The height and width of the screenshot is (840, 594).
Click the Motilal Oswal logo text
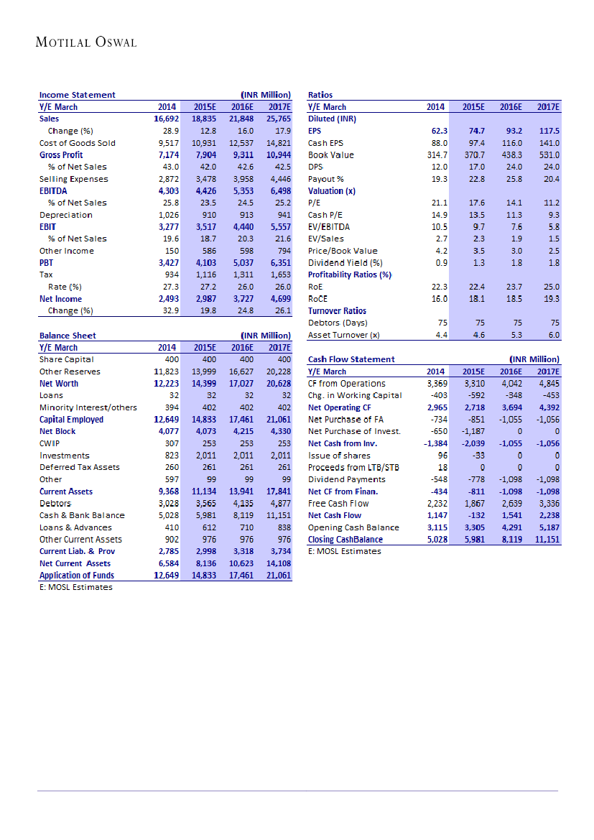(x=86, y=42)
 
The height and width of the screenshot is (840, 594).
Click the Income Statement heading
(x=77, y=95)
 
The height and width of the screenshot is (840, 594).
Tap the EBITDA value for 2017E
(x=277, y=191)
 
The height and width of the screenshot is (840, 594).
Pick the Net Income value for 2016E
(x=242, y=299)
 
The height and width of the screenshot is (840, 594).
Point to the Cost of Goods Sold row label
(x=78, y=143)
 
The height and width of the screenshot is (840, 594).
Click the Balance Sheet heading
(x=68, y=336)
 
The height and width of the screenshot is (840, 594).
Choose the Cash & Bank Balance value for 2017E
(x=277, y=515)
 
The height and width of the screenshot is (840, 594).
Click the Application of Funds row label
(x=76, y=575)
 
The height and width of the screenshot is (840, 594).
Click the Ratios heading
(x=320, y=95)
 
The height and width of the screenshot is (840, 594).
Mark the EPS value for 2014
(x=439, y=131)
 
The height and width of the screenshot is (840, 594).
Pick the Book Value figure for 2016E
(x=511, y=155)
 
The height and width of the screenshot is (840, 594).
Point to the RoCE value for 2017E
(x=549, y=299)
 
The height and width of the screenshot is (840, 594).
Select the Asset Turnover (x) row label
(x=344, y=335)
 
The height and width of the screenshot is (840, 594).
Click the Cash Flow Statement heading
(x=351, y=359)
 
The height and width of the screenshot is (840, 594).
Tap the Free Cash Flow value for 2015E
(x=473, y=503)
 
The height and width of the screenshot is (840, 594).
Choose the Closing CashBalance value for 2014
(x=435, y=539)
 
